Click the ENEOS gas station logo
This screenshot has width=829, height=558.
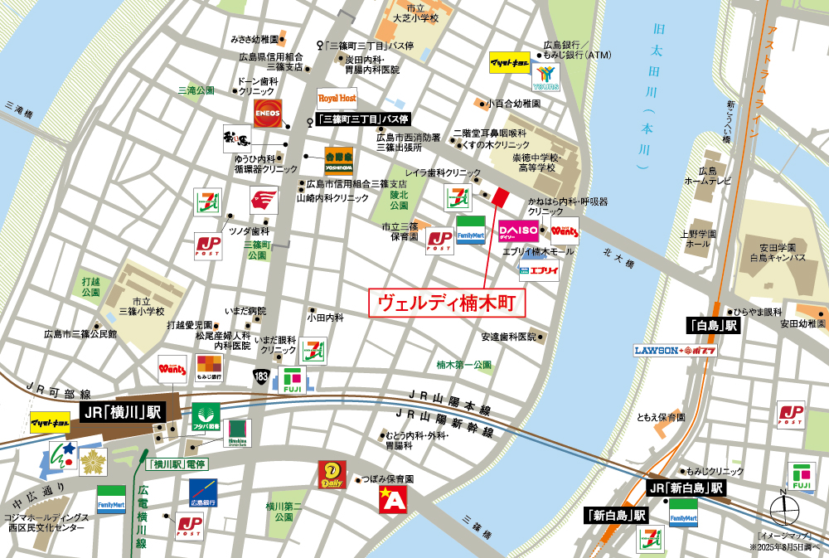click(x=268, y=114)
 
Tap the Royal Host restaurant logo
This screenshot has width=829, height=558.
click(x=337, y=98)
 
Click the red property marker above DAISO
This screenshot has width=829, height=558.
click(x=499, y=197)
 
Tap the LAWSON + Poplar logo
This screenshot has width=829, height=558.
click(x=676, y=350)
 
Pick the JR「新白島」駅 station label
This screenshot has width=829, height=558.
click(x=686, y=488)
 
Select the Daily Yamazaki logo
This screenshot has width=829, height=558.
click(x=332, y=474)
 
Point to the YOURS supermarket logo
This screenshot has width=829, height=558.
click(x=547, y=77)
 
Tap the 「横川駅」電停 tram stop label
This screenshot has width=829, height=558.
click(x=173, y=463)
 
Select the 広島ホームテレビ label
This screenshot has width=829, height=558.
click(x=707, y=174)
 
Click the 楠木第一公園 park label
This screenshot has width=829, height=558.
click(x=463, y=364)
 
